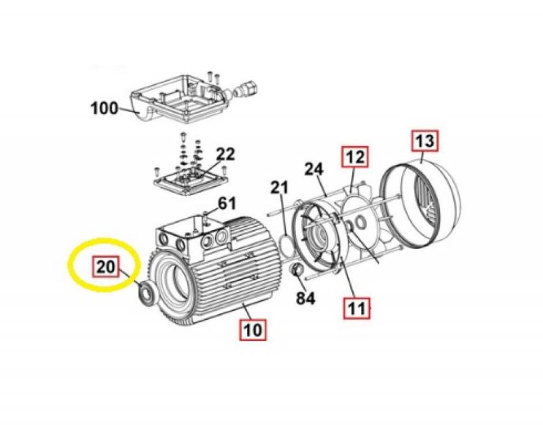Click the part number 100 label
[x=105, y=109]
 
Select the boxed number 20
[x=106, y=267]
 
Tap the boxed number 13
[x=425, y=141]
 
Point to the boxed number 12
[x=355, y=158]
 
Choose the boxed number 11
[x=356, y=308]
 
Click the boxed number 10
[x=253, y=329]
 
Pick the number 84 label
[x=305, y=298]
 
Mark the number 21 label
[x=280, y=188]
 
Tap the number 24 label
[x=314, y=170]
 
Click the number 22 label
[x=225, y=155]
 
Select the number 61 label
[x=227, y=204]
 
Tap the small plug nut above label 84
[x=297, y=270]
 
